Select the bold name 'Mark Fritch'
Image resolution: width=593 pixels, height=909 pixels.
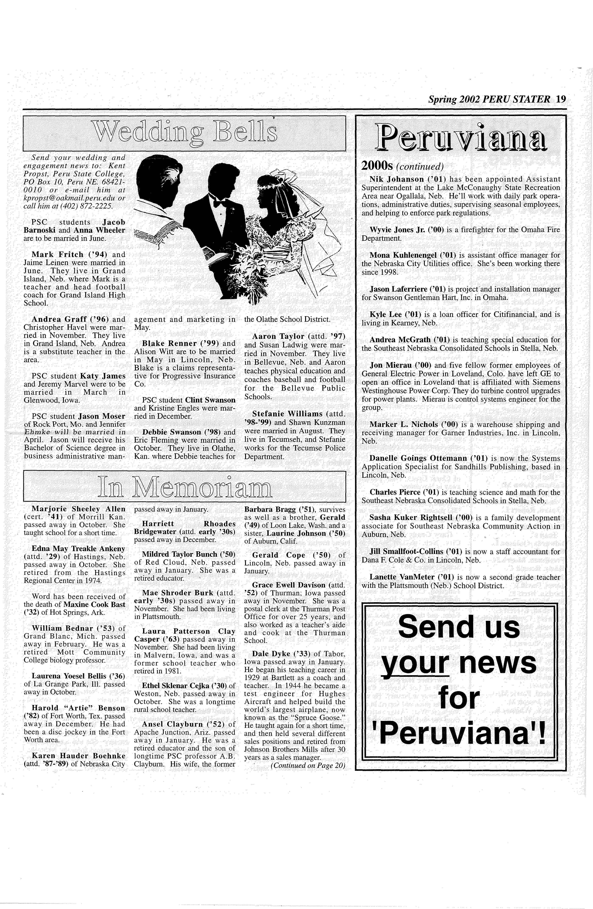click(x=57, y=254)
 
